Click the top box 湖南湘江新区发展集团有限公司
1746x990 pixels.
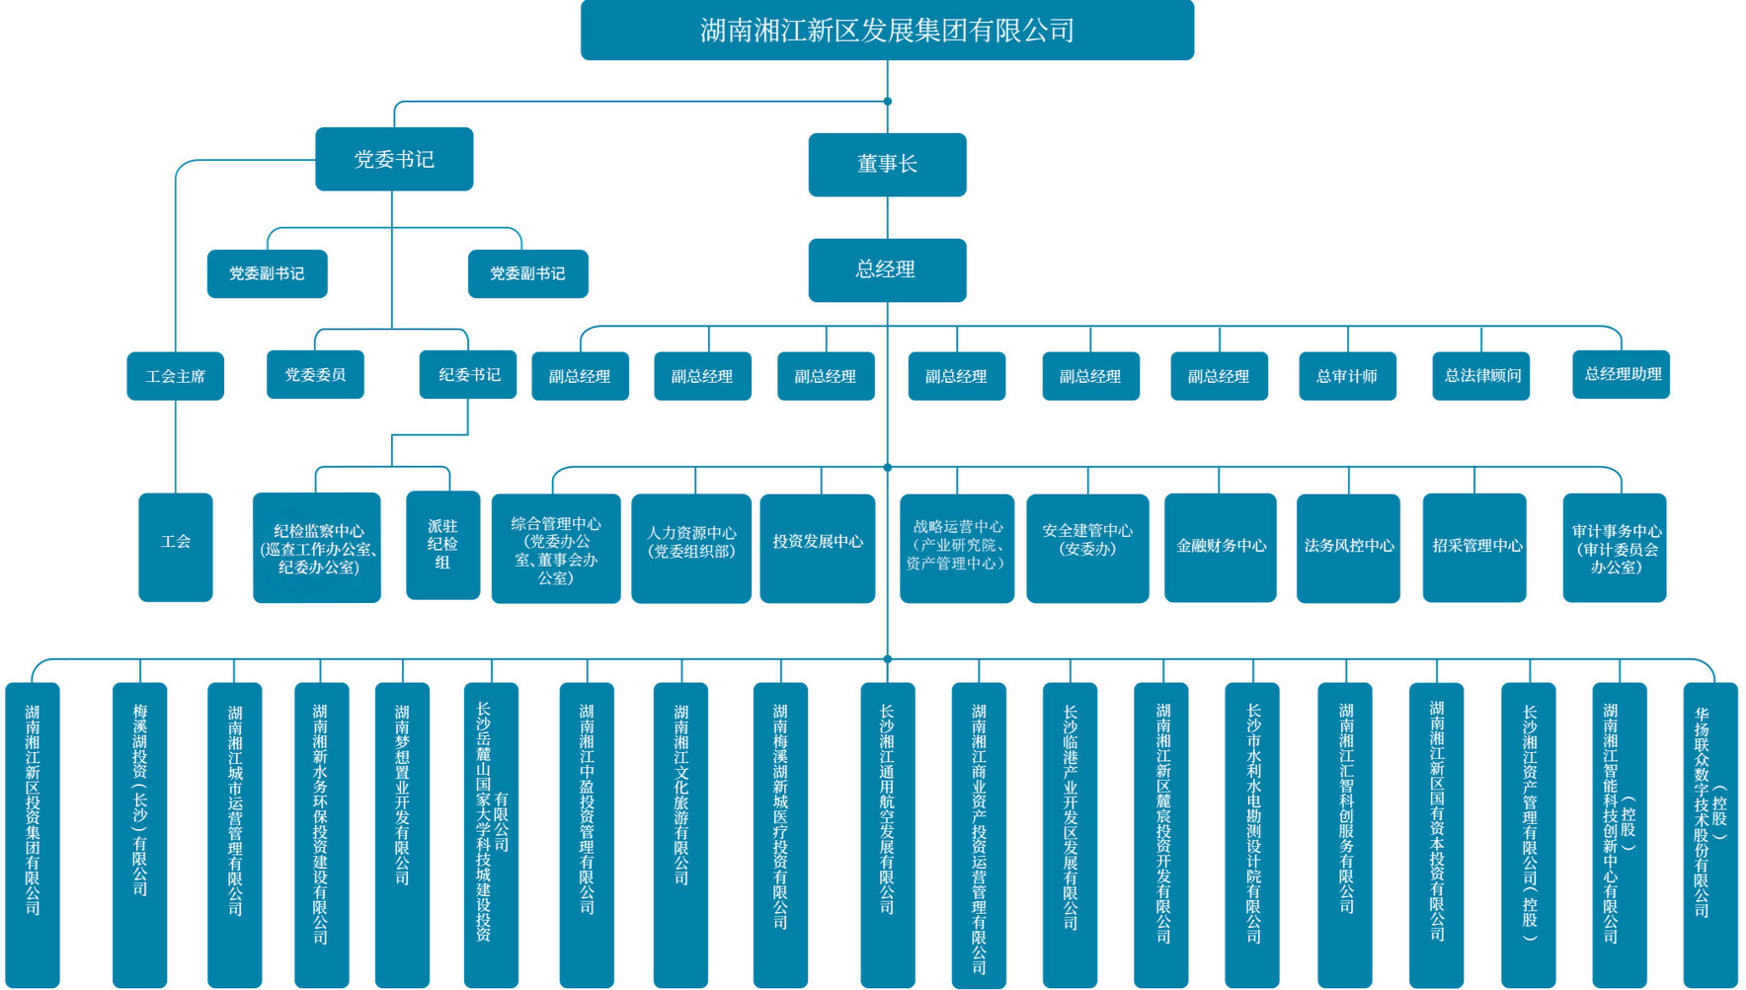(887, 31)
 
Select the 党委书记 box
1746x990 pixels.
(394, 159)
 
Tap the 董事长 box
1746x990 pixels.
(887, 165)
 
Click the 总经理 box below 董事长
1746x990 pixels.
(887, 269)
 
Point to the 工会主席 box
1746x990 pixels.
(176, 376)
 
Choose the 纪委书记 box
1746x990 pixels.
(468, 375)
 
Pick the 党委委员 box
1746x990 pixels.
(315, 375)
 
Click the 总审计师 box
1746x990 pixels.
(1347, 376)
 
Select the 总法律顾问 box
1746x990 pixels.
(1480, 376)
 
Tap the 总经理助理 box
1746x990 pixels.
(1621, 375)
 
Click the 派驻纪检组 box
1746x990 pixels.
(442, 545)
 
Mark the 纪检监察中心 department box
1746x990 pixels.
(317, 548)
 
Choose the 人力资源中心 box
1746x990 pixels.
(691, 548)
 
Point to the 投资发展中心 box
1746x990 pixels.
(818, 548)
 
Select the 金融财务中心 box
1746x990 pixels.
(1221, 548)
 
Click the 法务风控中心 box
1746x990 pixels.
(1348, 548)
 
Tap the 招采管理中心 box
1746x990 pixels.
(1474, 548)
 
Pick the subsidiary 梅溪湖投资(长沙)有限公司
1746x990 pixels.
(139, 834)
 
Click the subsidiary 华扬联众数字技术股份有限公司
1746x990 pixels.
(1709, 834)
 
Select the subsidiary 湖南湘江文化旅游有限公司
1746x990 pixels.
(680, 834)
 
